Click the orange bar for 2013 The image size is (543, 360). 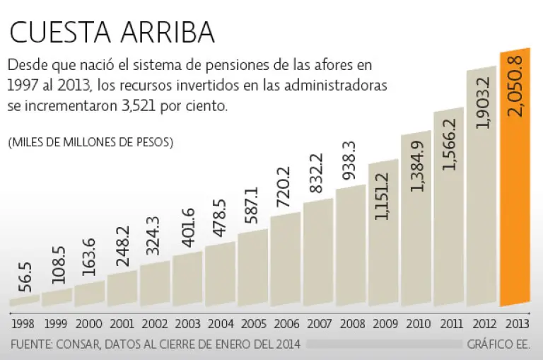(515, 212)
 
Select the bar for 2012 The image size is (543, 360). (481, 226)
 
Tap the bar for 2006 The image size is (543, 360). (285, 262)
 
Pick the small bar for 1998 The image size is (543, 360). (24, 301)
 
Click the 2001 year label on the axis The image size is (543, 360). (122, 325)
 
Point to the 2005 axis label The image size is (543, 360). (252, 325)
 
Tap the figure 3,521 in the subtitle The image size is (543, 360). (151, 107)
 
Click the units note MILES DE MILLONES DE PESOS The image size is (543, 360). (90, 142)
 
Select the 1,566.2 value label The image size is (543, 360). (449, 145)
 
